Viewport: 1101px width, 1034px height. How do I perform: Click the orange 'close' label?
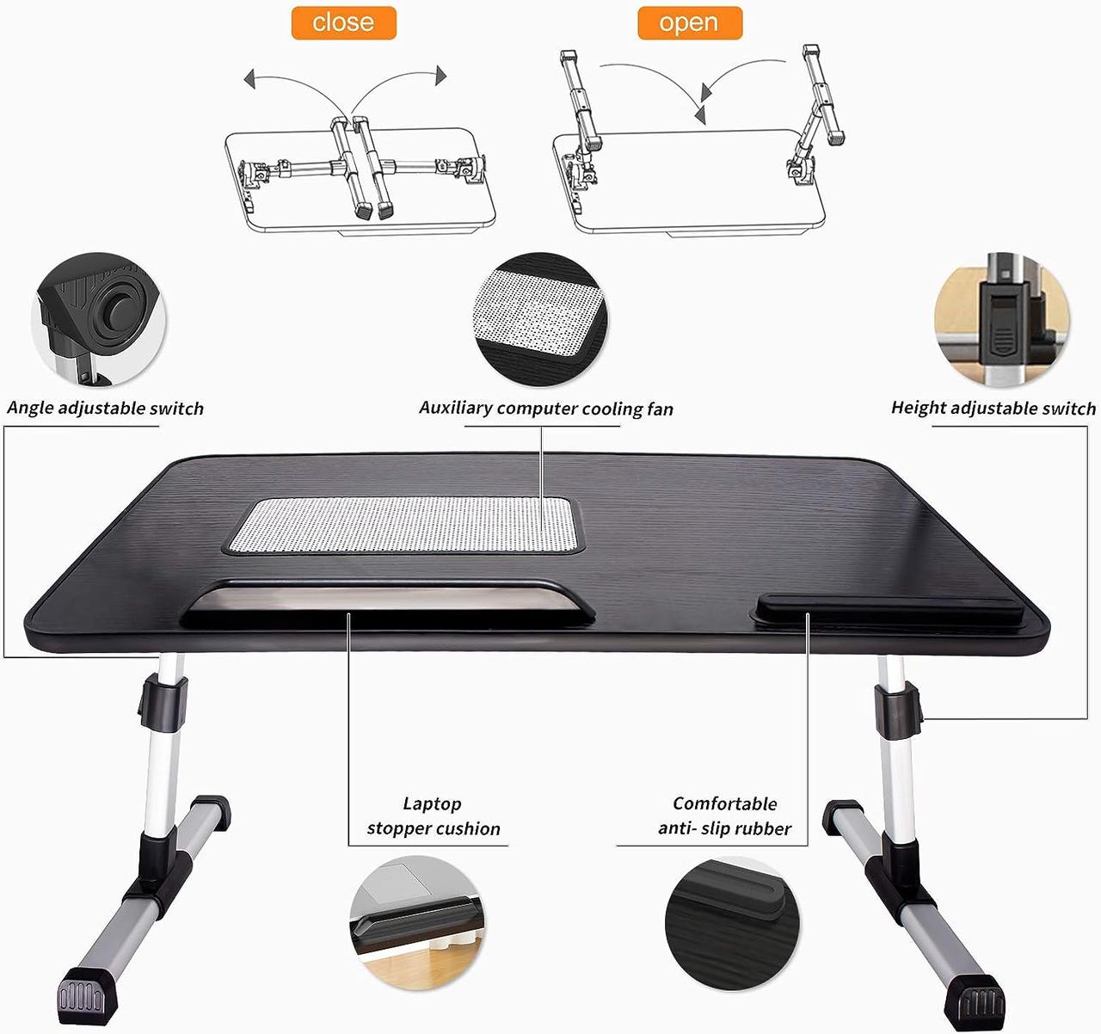343,22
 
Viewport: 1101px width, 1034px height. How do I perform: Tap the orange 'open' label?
689,22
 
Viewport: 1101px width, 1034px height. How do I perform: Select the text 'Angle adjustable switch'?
106,408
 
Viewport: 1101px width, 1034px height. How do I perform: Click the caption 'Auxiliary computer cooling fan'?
546,408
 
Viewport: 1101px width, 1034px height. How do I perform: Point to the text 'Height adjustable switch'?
993,408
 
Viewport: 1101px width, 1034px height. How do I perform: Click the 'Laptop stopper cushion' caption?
433,816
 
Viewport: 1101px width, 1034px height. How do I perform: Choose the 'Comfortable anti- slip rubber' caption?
724,816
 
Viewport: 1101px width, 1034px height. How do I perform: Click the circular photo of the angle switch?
99,319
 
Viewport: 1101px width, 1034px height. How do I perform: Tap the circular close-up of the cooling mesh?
541,319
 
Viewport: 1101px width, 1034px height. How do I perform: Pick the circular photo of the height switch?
1002,319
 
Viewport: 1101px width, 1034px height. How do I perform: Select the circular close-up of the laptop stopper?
417,922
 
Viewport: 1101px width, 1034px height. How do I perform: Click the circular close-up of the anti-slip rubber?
732,922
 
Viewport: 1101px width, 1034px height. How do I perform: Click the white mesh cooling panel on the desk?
404,524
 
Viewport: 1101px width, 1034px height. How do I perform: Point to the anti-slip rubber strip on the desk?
886,609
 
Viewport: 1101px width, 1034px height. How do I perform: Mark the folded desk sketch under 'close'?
360,176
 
